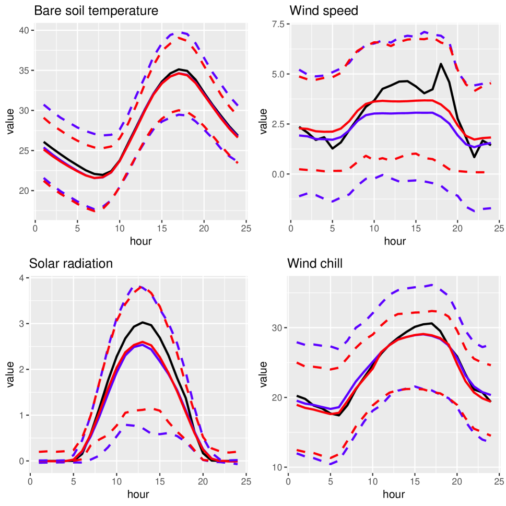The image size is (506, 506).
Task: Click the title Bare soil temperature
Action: pos(96,11)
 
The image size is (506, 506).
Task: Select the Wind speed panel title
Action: pos(324,11)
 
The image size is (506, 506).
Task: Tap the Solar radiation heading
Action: pos(71,264)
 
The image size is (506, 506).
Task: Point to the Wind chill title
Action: pos(315,264)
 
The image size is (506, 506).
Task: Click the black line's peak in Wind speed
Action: pos(441,64)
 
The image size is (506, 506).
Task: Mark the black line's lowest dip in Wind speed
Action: pos(474,157)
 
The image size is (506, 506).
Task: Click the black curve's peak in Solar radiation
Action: pos(143,322)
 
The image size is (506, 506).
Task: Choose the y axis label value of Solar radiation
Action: pos(10,374)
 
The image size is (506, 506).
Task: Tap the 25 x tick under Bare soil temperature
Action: pos(245,228)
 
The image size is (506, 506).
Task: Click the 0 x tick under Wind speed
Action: pos(291,228)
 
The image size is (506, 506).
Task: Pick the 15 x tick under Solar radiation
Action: pos(160,481)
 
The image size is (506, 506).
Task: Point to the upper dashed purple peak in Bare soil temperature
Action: pos(178,32)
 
